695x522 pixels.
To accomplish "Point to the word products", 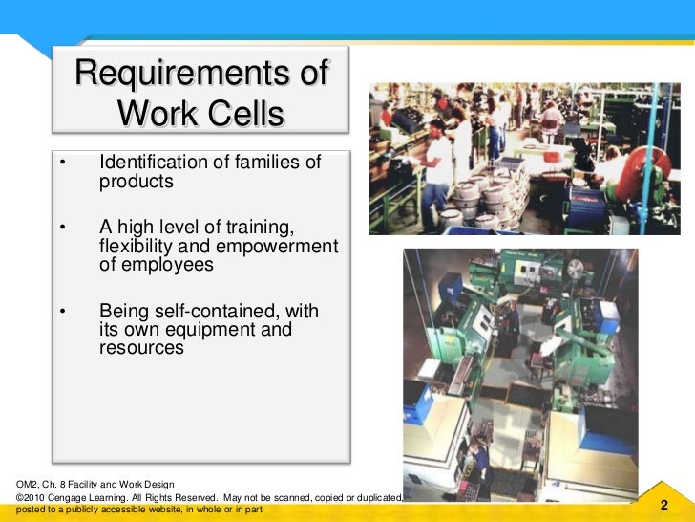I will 137,181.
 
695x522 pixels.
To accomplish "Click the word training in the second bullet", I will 258,228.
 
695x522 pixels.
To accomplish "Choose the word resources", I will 140,348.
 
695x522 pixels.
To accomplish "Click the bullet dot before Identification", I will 61,163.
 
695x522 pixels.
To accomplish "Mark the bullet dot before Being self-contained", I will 61,313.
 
